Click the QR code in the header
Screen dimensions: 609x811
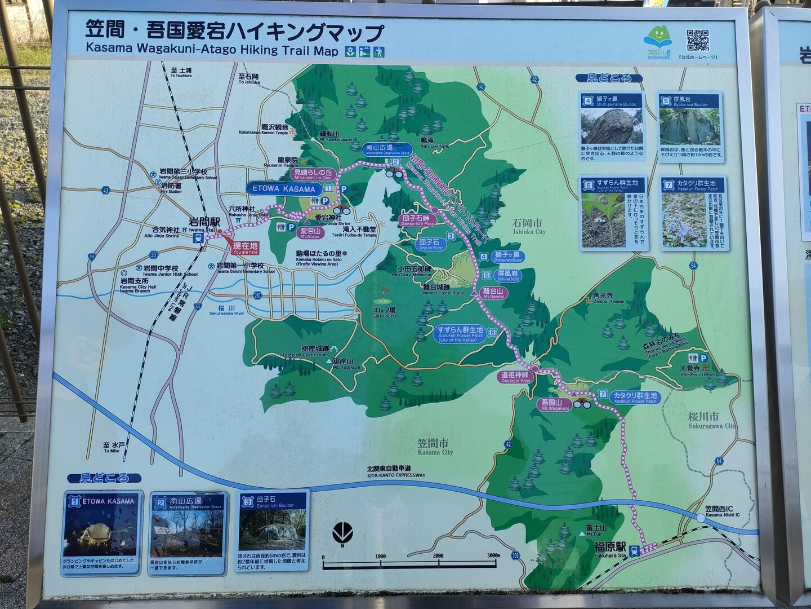[697, 40]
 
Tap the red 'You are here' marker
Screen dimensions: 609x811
[245, 248]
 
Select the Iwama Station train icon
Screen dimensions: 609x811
[198, 239]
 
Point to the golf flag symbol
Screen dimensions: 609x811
[385, 293]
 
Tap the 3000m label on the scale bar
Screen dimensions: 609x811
[494, 556]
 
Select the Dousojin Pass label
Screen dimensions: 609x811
[515, 377]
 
